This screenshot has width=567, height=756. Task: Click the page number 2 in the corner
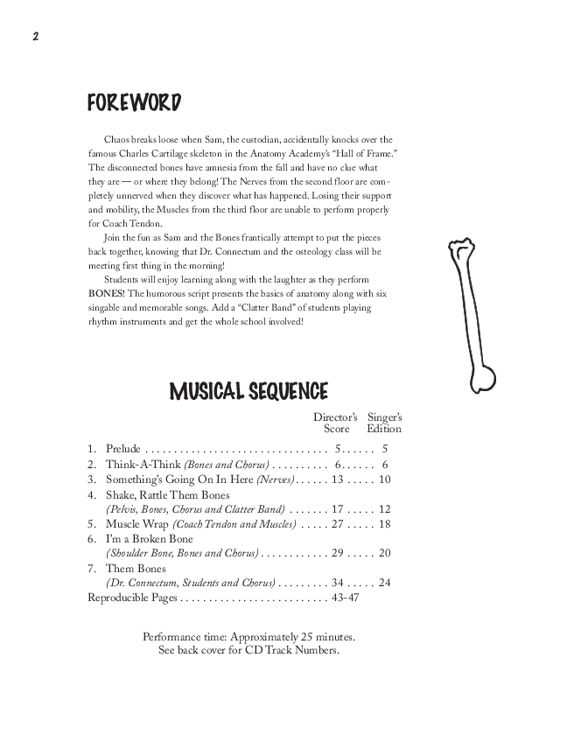tap(35, 37)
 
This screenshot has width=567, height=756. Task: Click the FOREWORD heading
tap(134, 103)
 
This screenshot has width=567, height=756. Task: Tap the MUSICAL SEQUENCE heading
tap(248, 390)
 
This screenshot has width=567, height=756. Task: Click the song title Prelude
tap(122, 449)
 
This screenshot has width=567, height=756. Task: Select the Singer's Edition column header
tap(385, 423)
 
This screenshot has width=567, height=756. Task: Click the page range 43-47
tap(342, 598)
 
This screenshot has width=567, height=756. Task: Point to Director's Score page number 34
tap(339, 583)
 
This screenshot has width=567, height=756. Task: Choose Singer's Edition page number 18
tap(384, 524)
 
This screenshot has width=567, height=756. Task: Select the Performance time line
tap(249, 636)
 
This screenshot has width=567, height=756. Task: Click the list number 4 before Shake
tap(92, 494)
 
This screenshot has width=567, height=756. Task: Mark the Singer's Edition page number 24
tap(384, 583)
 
